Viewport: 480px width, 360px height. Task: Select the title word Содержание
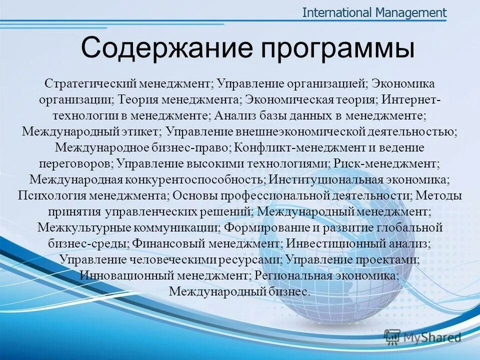159,49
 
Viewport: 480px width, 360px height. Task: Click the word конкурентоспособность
196,179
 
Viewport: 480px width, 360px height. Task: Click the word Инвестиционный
334,243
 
